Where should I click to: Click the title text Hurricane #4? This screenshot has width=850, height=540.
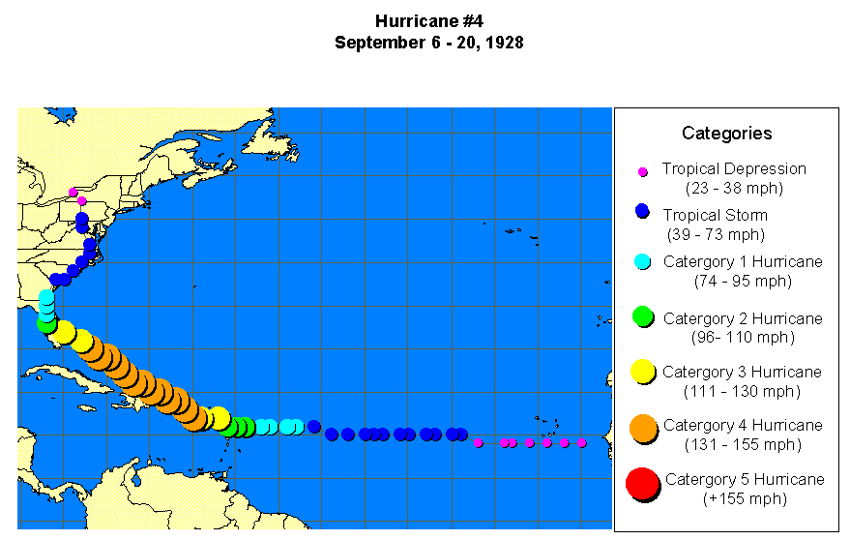point(428,21)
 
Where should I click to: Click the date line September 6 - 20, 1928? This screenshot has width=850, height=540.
point(428,44)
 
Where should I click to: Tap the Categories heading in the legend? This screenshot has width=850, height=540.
point(726,134)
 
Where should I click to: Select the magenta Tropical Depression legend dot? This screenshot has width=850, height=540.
point(642,171)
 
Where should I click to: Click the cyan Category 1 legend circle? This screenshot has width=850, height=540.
point(642,261)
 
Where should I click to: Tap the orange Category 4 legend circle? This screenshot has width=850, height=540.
point(643,427)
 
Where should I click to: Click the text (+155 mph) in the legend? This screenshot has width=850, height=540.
point(744,499)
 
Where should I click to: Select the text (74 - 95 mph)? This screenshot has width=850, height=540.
point(743,281)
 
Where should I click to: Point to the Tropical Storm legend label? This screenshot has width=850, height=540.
point(715,215)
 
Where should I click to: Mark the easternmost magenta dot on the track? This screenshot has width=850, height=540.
point(582,443)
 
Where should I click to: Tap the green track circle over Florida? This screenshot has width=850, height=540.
point(46,323)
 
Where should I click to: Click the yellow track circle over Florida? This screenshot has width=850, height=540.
point(64,332)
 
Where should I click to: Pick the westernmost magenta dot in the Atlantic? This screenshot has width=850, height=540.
point(479,443)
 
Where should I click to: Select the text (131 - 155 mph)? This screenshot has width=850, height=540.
point(743,445)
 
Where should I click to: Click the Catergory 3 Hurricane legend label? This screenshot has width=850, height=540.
point(742,372)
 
